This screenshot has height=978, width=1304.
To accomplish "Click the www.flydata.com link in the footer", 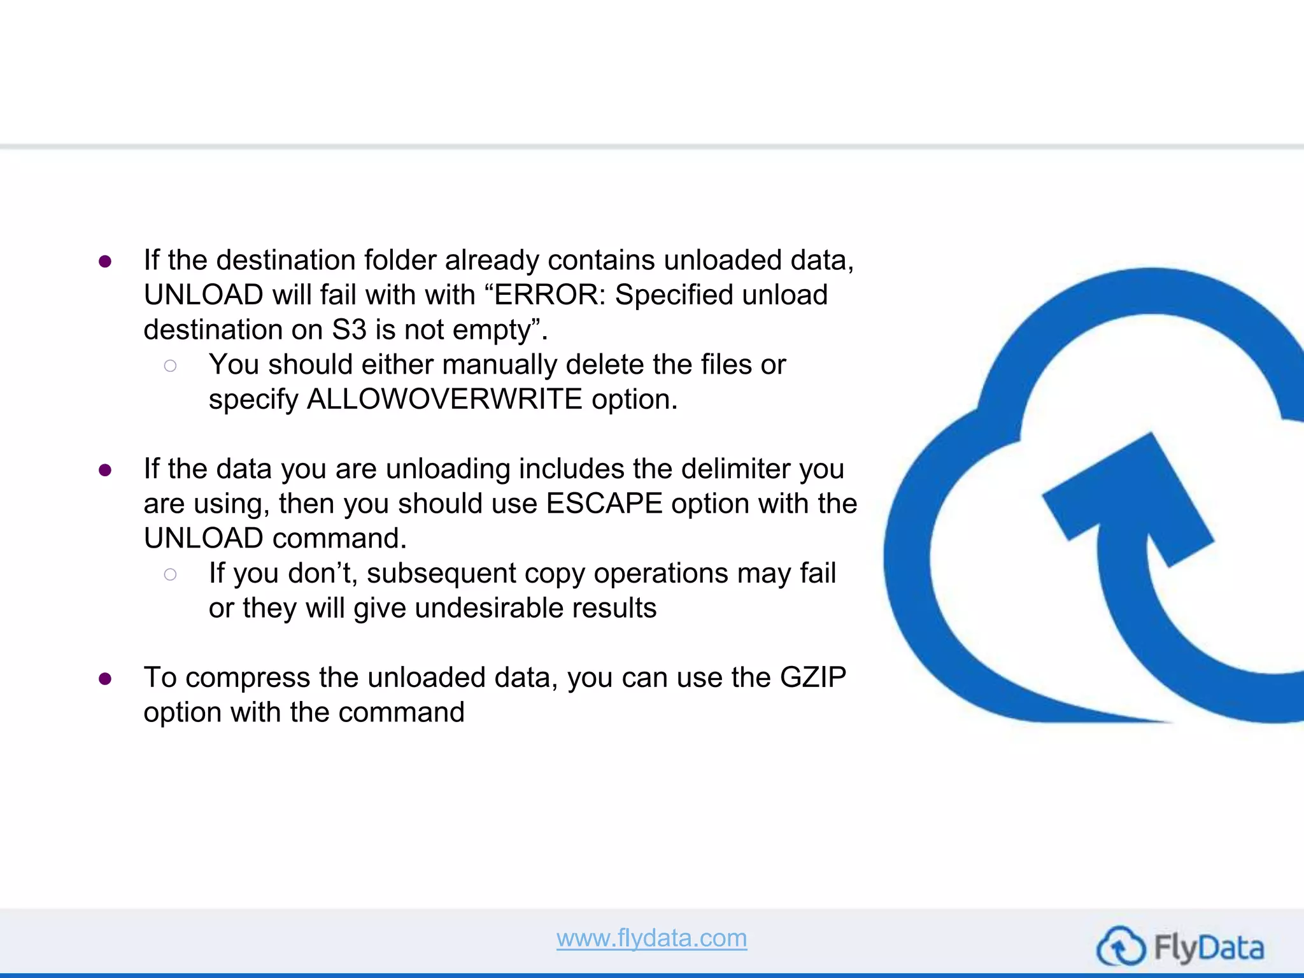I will click(x=651, y=939).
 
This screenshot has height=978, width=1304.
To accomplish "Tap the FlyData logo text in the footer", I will click(x=1208, y=948).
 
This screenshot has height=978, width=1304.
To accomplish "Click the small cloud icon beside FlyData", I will click(x=1121, y=947).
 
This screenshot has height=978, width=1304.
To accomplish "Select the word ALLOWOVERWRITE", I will click(x=444, y=400).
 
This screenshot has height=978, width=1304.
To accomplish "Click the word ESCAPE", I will click(x=604, y=504).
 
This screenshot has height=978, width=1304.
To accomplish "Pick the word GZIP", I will click(x=813, y=677).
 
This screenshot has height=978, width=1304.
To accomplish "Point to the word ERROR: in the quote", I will click(x=550, y=295).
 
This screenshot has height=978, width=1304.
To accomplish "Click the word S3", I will click(x=350, y=330).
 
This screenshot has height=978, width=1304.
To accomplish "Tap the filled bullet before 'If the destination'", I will click(x=106, y=262).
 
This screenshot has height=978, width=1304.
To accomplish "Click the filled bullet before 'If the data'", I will click(x=106, y=471).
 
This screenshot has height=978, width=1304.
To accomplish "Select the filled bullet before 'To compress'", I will click(x=106, y=679).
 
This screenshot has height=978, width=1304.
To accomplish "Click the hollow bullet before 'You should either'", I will click(x=170, y=365).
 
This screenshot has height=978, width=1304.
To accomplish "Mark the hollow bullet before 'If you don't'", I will click(x=170, y=574).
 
